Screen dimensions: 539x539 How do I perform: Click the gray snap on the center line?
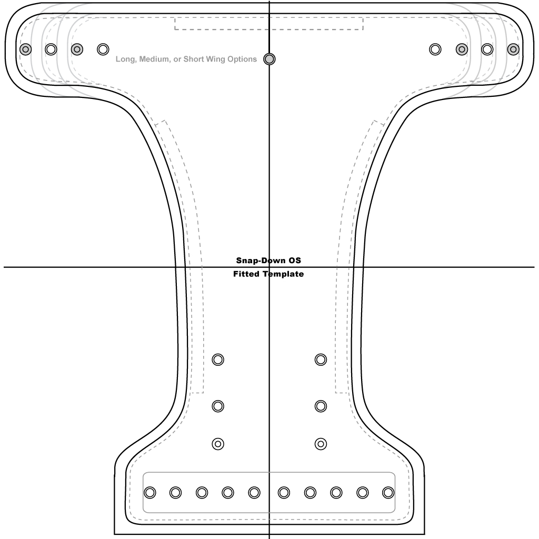pos(269,59)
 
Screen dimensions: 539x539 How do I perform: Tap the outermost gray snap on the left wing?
pos(25,49)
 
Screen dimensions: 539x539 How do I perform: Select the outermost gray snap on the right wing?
pos(513,49)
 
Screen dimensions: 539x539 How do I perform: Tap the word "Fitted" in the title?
pos(246,274)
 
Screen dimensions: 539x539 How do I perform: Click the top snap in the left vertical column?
pos(218,360)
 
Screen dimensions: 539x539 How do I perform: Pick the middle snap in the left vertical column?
pos(218,406)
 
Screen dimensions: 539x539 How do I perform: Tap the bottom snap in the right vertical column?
pos(321,444)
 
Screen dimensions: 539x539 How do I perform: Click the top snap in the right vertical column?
pos(321,360)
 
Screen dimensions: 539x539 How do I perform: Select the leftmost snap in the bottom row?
pos(149,493)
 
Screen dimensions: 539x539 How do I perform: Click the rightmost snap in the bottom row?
pos(388,493)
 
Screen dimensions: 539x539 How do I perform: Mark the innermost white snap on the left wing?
pos(103,49)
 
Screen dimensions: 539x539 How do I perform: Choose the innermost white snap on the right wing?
pos(435,49)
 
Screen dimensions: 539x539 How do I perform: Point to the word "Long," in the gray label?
pos(126,59)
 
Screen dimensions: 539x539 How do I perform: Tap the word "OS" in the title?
pos(293,261)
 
